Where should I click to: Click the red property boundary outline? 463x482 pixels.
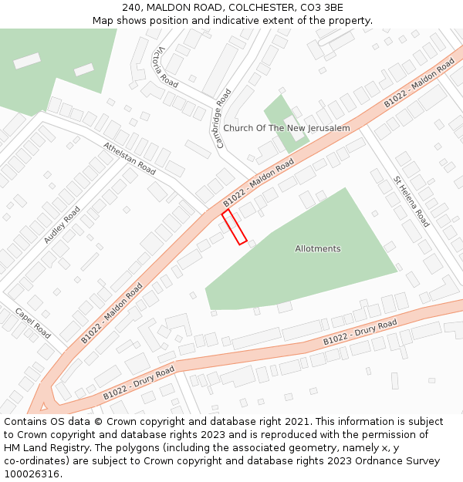(x=235, y=228)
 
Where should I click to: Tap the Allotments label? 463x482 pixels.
(x=317, y=249)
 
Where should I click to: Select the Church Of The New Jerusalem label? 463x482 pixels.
(x=286, y=128)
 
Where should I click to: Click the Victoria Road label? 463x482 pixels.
(x=165, y=66)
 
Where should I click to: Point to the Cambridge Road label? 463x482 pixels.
(x=223, y=119)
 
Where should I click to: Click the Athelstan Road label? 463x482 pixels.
(x=130, y=158)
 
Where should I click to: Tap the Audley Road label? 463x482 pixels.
(x=62, y=225)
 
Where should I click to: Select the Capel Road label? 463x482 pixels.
(x=33, y=323)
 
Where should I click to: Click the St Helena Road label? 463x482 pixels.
(x=411, y=201)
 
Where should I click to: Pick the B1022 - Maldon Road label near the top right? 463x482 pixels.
(x=419, y=83)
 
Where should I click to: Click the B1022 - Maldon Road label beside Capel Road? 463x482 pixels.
(x=112, y=313)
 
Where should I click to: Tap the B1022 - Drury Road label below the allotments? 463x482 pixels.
(x=360, y=331)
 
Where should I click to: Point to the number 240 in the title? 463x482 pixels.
(x=131, y=7)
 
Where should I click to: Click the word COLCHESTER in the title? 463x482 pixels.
(x=257, y=7)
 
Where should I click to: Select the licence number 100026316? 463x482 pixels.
(x=32, y=474)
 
